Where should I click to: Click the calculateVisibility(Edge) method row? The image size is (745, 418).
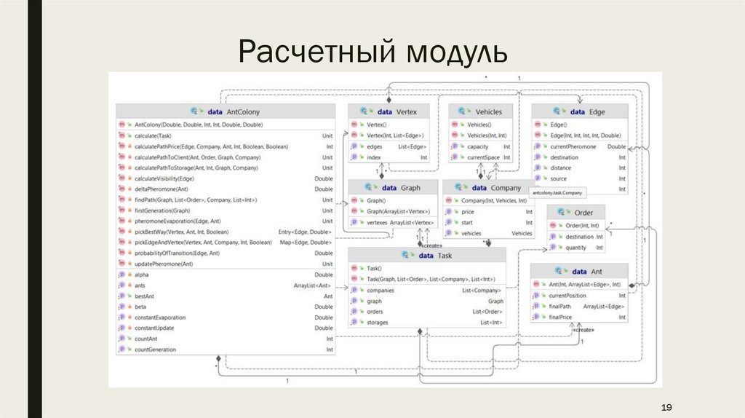[164, 178]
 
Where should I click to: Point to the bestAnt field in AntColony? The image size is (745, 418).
[144, 296]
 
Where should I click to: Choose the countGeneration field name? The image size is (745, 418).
[155, 350]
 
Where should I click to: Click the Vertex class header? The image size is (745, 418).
[406, 112]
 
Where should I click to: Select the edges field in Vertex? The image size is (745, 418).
[375, 146]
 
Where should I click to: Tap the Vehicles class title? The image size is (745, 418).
[488, 112]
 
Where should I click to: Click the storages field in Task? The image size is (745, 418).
[378, 322]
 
